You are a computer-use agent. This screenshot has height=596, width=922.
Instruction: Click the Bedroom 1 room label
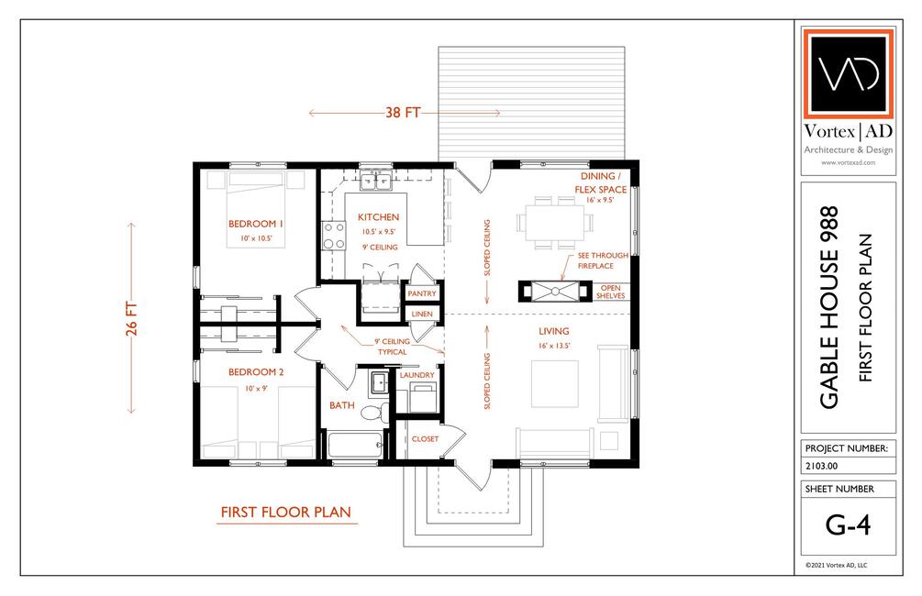coord(256,224)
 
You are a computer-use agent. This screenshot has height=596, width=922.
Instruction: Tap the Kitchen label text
coord(378,217)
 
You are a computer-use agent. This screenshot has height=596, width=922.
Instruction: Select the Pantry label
coord(422,293)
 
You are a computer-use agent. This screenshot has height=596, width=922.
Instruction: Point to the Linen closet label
coord(422,314)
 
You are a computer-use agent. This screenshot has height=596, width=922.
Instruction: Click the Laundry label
coord(417,375)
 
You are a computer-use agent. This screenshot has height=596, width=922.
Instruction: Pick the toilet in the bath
coord(372,412)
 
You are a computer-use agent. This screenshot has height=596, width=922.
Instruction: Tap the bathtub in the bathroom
coord(354,445)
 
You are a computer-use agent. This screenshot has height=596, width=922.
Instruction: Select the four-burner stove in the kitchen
coord(333,236)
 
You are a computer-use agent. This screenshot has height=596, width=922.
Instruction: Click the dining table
coord(555,222)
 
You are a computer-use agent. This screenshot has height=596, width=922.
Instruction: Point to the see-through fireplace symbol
coord(555,291)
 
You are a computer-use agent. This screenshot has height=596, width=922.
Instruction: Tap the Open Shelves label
coord(610,292)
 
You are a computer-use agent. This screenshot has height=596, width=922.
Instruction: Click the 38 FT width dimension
coord(404,112)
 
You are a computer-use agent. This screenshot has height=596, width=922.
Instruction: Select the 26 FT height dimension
coord(131,318)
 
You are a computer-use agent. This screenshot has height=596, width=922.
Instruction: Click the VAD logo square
coord(848,73)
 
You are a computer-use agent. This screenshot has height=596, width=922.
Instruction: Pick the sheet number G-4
coord(848,524)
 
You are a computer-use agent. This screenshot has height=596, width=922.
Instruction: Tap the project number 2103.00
coord(821,466)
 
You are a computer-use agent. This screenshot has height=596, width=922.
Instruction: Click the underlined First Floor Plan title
coord(285,513)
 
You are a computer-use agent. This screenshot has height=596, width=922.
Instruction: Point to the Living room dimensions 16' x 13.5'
coord(554,346)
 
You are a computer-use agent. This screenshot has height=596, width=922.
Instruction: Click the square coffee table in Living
coord(554,384)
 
